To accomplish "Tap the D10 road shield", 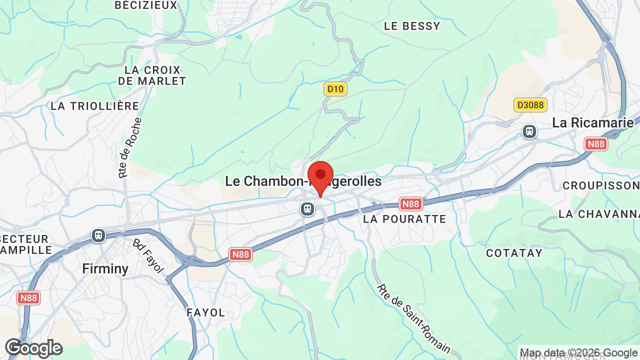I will [335, 89].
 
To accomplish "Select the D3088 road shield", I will [530, 105].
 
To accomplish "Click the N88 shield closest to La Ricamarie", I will [596, 144].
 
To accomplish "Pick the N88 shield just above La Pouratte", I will [411, 204].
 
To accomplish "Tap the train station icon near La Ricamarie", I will [529, 131].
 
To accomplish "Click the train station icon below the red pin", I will [307, 208].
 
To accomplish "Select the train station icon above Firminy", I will [98, 235].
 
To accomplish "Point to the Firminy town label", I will [105, 268].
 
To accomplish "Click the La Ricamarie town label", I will [592, 122].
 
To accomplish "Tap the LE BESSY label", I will [412, 26].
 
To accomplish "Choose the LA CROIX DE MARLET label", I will [152, 75].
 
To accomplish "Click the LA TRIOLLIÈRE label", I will [95, 106].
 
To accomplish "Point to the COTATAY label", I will [514, 253].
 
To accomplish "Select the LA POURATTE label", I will [404, 219].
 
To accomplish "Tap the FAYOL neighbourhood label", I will [206, 312].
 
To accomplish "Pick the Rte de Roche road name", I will [130, 148].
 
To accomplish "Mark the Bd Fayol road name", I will [148, 255].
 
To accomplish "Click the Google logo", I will [33, 348].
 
